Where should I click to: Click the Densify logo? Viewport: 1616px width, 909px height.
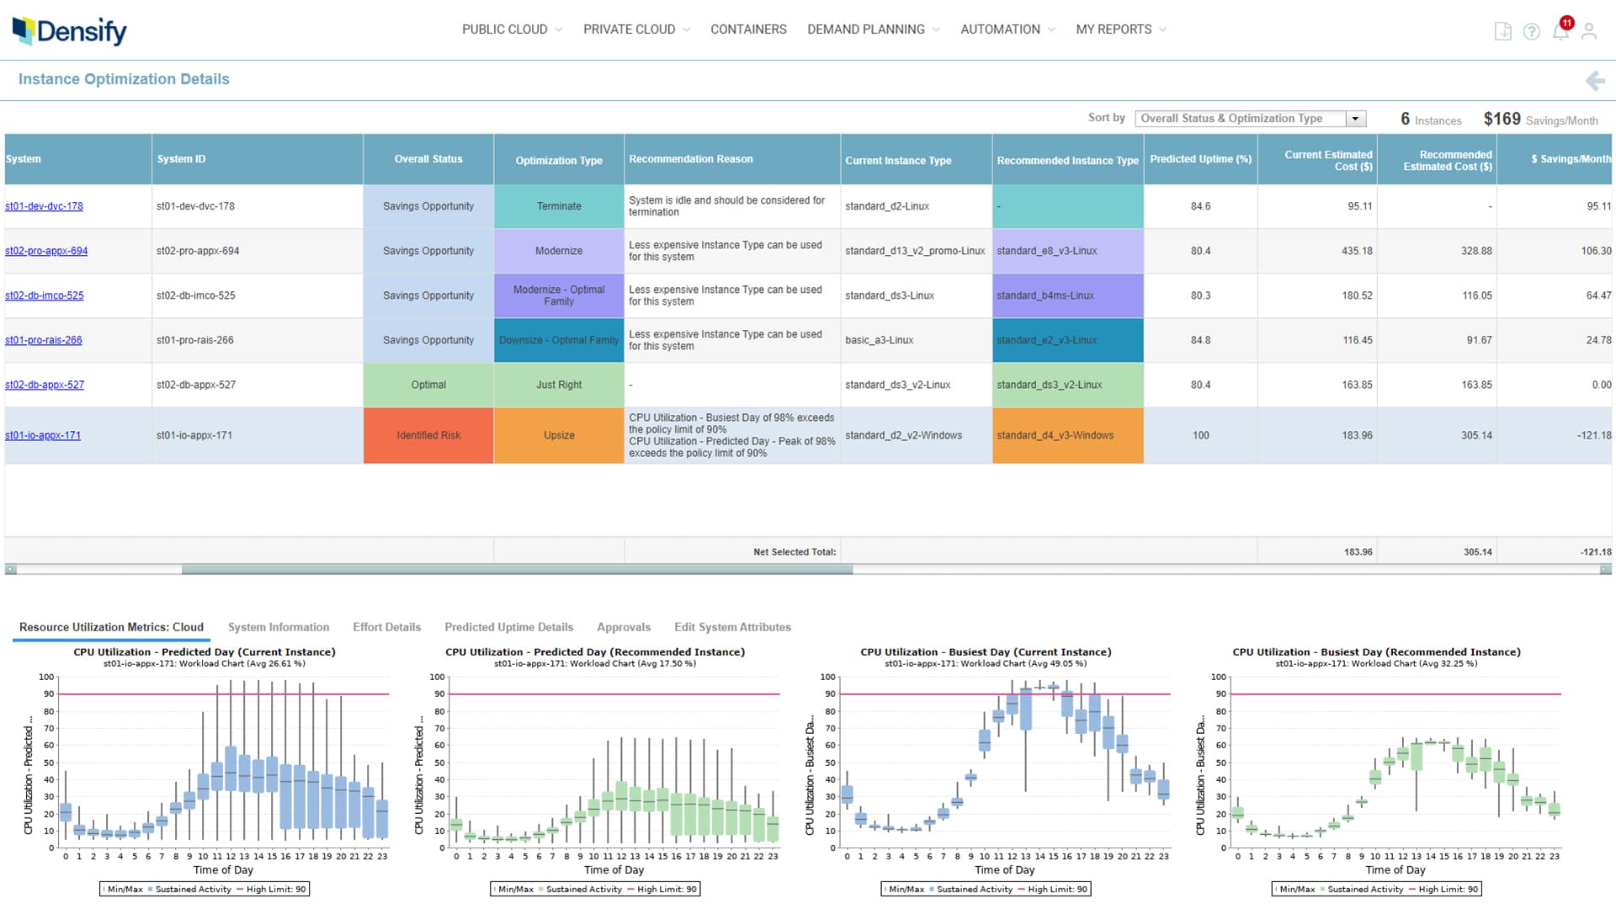pos(70,31)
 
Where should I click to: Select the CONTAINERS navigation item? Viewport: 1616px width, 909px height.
pos(748,29)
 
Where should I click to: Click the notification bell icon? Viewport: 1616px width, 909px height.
pos(1560,31)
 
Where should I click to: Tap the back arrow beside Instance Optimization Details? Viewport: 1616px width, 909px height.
pos(1595,81)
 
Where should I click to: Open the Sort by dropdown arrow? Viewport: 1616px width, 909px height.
pos(1355,119)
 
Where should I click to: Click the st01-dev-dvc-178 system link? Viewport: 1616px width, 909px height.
pos(44,206)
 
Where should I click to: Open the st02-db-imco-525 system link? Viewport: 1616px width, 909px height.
pos(45,295)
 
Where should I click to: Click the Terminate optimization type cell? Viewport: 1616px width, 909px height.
pos(559,206)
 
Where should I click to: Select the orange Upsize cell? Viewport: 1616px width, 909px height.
pos(559,435)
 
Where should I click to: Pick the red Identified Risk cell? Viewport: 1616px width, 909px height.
pos(428,435)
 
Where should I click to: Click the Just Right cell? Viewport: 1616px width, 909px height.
pos(559,385)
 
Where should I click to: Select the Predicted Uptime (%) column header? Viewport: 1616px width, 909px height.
pos(1200,159)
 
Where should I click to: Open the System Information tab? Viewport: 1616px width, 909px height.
pos(279,627)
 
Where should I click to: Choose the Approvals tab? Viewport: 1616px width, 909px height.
pos(624,627)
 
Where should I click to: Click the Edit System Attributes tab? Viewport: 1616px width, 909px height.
pos(732,627)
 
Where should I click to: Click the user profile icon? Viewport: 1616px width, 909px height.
pos(1589,31)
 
